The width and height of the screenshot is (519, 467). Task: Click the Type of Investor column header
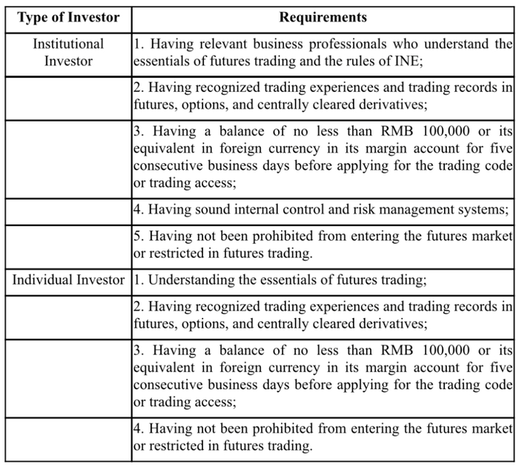68,16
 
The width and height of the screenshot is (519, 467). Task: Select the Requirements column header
323,16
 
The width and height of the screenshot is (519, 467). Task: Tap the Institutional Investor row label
68,52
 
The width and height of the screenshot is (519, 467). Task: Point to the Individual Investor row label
68,279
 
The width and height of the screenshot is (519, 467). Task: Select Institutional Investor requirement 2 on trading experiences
323,96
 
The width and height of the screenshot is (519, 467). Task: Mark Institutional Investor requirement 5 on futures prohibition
323,245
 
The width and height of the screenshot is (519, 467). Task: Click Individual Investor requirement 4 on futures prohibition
323,437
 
